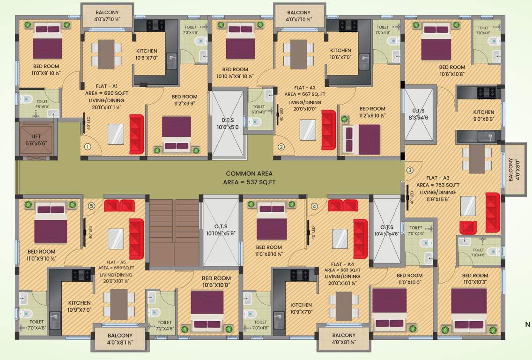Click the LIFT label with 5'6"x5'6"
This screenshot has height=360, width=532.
point(36,139)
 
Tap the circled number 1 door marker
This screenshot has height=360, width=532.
point(87,147)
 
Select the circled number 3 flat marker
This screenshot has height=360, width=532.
point(410,170)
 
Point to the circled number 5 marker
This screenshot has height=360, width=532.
point(91,205)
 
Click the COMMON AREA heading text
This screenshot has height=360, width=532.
point(249,173)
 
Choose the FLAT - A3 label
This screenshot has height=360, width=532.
point(437,178)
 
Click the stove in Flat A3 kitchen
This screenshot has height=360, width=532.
point(489,91)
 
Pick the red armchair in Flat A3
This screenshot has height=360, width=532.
point(468,227)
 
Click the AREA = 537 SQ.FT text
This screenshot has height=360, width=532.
point(249,182)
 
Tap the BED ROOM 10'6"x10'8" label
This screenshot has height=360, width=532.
point(452,70)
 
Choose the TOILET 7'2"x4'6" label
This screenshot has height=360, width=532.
point(164,325)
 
